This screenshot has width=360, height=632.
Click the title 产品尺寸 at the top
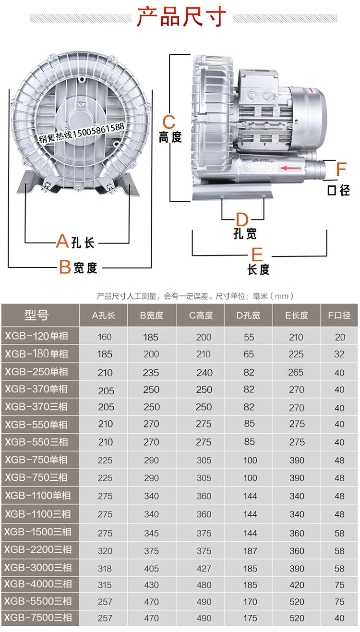tap(181, 17)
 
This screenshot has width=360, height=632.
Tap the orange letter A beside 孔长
tap(62, 241)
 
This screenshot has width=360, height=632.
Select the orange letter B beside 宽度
tap(65, 267)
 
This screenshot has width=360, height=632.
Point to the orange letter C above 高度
tap(169, 121)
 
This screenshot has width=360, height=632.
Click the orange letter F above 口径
tap(341, 170)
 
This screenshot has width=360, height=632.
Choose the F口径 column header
tap(339, 316)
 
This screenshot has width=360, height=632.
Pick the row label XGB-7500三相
tap(38, 617)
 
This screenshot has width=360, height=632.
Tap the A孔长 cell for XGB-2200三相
tap(105, 550)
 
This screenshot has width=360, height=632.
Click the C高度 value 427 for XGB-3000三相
tap(204, 569)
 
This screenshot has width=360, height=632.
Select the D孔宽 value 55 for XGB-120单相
tap(249, 337)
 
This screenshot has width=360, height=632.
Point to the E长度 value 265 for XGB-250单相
tap(296, 372)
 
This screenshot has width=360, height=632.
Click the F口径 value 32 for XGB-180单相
tap(339, 354)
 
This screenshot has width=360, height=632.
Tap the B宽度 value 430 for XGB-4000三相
tap(151, 585)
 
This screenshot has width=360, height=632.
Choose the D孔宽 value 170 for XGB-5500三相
tap(249, 602)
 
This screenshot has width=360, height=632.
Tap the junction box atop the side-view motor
tap(259, 91)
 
